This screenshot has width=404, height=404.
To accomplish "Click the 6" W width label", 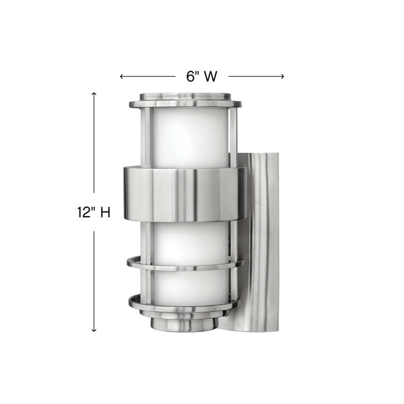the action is [x=202, y=76].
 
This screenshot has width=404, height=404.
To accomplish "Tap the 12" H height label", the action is [x=94, y=213].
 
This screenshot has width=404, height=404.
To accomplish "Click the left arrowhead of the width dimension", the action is [x=122, y=76].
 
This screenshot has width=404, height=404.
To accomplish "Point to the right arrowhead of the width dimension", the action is [x=282, y=76].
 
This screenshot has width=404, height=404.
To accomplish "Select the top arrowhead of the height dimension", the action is [x=94, y=94].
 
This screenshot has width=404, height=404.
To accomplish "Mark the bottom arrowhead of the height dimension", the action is [x=94, y=329].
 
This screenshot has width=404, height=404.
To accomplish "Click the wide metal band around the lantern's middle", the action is [x=184, y=194].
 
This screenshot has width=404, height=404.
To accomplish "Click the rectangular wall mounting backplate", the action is [x=259, y=242].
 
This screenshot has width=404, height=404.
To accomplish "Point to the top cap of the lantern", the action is [x=185, y=96].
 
